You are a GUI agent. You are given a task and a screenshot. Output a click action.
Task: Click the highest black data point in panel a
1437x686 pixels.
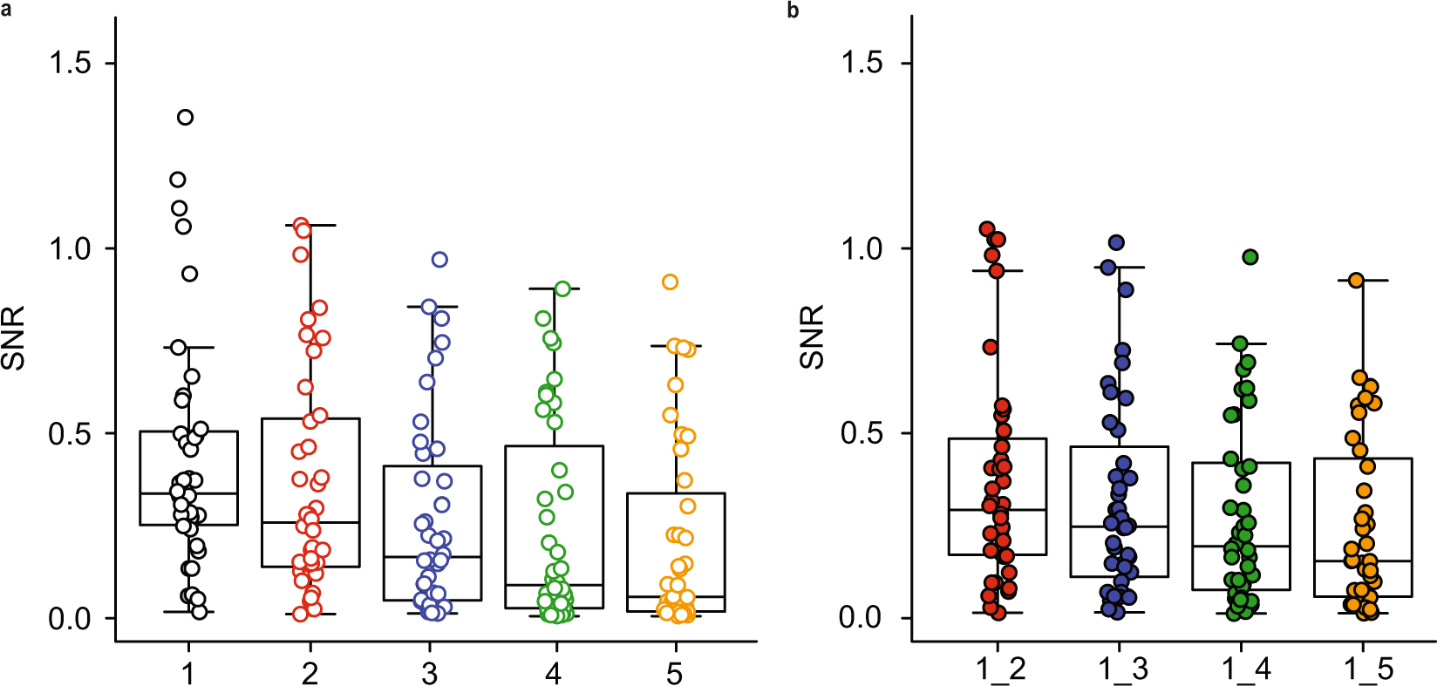[185, 118]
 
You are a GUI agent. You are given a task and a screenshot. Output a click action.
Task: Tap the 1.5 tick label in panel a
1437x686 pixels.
[69, 63]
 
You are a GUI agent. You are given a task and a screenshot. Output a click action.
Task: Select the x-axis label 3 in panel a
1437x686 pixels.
[430, 673]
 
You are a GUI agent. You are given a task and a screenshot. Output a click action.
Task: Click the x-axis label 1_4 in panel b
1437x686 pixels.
[1245, 669]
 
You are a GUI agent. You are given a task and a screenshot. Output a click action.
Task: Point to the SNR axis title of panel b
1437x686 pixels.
[812, 336]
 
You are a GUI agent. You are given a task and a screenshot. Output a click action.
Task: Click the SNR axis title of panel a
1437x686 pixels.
[13, 336]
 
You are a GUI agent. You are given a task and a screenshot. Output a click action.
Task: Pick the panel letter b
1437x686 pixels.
[793, 10]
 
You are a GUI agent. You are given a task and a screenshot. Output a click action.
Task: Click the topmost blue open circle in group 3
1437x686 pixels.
[439, 260]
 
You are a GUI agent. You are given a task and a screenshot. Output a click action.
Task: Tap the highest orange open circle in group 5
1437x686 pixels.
[670, 282]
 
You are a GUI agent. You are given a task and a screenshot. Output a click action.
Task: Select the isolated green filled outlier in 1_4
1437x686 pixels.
[1250, 257]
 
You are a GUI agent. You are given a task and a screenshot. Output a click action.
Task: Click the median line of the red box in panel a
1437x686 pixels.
[310, 522]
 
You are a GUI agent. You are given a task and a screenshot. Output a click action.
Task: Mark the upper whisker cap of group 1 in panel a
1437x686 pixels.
[188, 348]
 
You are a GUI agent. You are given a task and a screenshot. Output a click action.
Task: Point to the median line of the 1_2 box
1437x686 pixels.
[997, 509]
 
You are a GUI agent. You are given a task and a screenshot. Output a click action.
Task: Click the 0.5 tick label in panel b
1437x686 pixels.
[861, 433]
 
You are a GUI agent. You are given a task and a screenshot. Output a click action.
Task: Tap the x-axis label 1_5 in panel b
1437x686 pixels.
[1367, 669]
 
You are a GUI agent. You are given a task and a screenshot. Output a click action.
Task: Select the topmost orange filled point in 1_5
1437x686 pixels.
[1356, 281]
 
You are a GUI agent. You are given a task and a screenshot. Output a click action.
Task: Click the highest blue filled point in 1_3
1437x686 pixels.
[1116, 242]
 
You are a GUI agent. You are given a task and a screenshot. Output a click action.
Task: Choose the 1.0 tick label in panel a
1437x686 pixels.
[69, 248]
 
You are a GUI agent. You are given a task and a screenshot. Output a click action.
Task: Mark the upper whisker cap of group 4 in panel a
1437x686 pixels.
[554, 289]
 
